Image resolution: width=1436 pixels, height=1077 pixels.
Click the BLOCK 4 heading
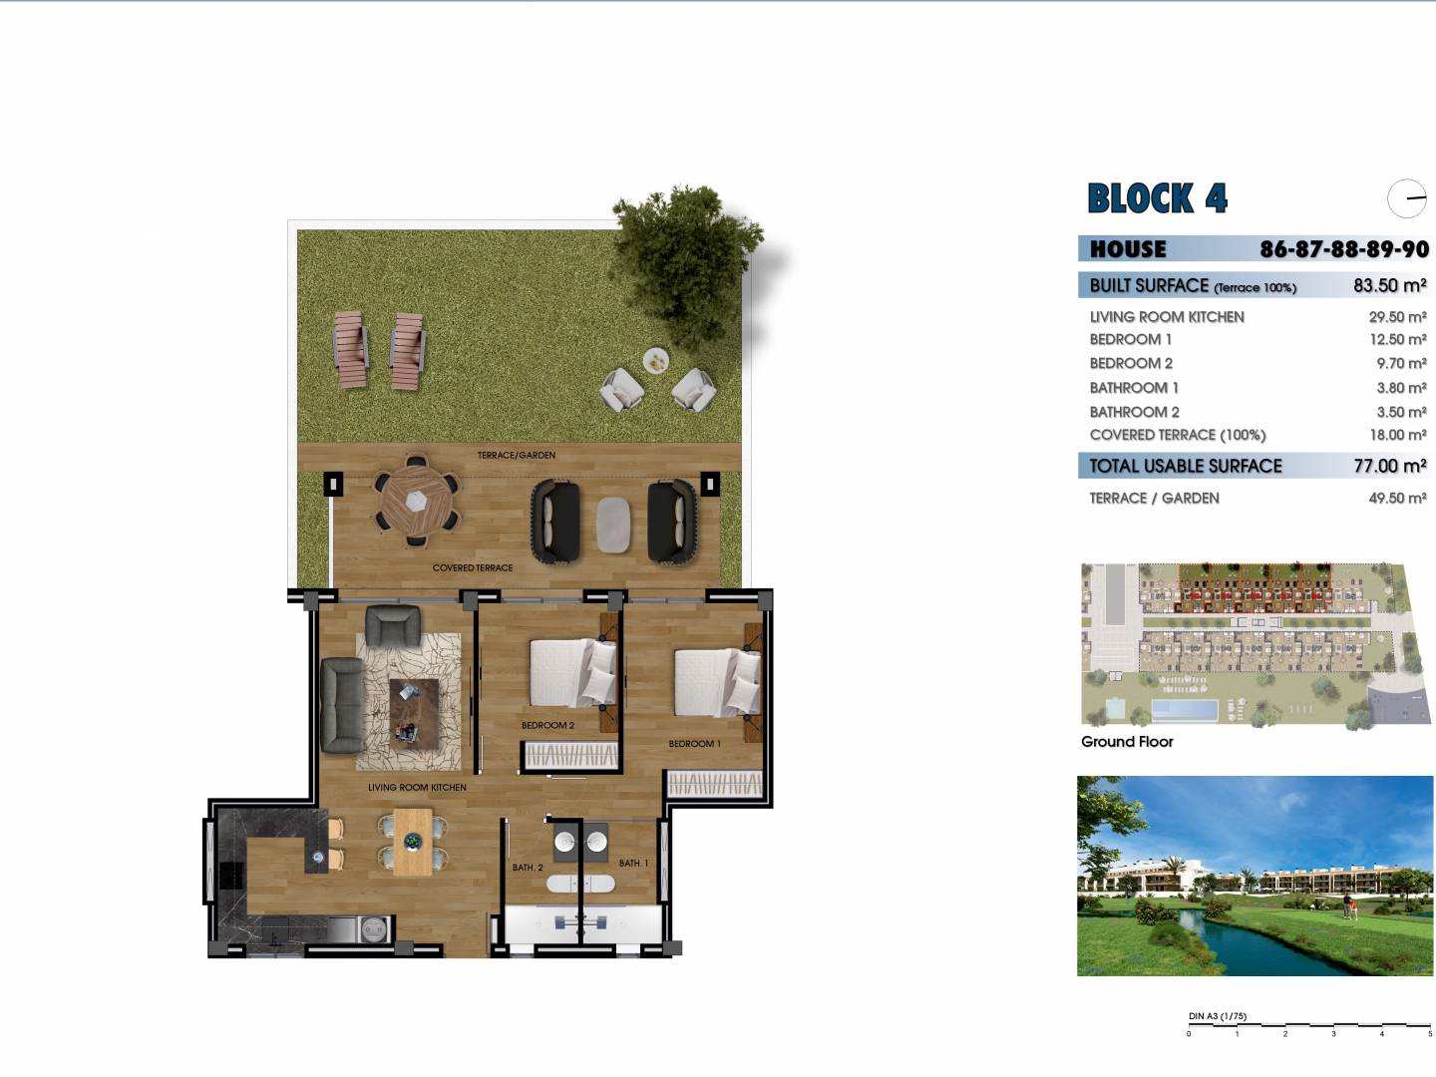point(1157,198)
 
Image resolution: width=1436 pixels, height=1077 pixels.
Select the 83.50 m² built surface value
point(1389,286)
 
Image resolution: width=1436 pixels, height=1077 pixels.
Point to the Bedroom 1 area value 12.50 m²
point(1397,339)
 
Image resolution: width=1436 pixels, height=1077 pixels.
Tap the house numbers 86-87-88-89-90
point(1344,249)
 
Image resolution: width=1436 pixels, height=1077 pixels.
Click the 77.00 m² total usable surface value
point(1389,466)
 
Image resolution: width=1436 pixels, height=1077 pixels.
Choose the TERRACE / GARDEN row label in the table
point(1154,499)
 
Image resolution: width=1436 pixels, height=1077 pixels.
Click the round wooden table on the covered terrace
point(416,502)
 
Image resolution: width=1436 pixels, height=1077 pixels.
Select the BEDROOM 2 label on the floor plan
point(547,725)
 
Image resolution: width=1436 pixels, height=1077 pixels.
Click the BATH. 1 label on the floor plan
point(633,864)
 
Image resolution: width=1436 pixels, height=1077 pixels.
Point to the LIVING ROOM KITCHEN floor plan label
point(417,788)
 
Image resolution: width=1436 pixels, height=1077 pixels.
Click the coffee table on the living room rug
point(414,714)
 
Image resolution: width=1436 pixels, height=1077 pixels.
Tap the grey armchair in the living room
point(393,626)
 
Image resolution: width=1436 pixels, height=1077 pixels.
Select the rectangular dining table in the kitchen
point(413,843)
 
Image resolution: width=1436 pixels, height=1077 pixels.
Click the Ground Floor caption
point(1127,742)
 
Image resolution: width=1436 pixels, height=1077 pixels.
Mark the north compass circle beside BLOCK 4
point(1406,198)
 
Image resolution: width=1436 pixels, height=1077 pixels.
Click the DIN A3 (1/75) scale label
point(1218,1016)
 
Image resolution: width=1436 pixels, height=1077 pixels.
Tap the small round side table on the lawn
point(655,360)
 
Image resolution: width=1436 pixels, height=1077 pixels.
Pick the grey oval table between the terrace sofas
point(613,526)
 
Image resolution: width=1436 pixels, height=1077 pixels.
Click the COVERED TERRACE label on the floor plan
point(473,567)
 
